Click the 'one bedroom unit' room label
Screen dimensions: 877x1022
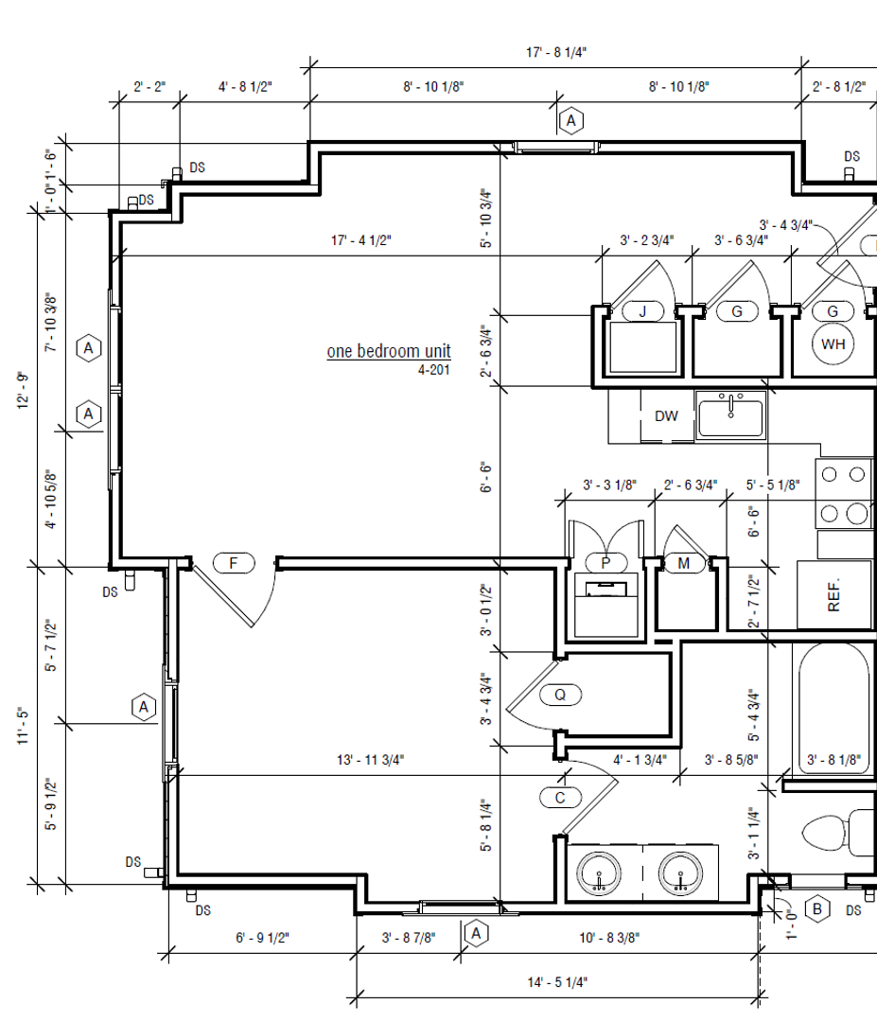[x=388, y=351]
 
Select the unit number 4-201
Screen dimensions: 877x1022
[x=433, y=370]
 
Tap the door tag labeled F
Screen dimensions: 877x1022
[x=234, y=562]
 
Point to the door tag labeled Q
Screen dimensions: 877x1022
[x=560, y=695]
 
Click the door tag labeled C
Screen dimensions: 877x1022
[x=560, y=797]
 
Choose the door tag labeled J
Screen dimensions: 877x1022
[x=642, y=311]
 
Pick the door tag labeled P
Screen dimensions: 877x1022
[x=605, y=562]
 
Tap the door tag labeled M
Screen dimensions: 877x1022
[x=683, y=562]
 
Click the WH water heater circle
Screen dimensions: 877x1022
[x=833, y=344]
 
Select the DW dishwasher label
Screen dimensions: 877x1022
[x=666, y=415]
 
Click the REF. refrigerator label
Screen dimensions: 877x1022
[x=833, y=594]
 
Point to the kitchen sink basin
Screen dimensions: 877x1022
[x=730, y=417]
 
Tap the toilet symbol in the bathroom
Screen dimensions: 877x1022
[x=838, y=833]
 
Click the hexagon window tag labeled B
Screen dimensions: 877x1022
[x=817, y=908]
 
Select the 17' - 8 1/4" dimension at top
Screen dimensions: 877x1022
[x=556, y=52]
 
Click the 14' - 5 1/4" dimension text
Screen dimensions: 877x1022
[x=557, y=981]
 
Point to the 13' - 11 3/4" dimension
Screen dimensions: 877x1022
[x=370, y=759]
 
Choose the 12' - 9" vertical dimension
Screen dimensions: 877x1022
[x=24, y=391]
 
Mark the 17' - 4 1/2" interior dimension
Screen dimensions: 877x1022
[x=361, y=240]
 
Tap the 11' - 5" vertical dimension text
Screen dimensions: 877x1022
[x=24, y=726]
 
